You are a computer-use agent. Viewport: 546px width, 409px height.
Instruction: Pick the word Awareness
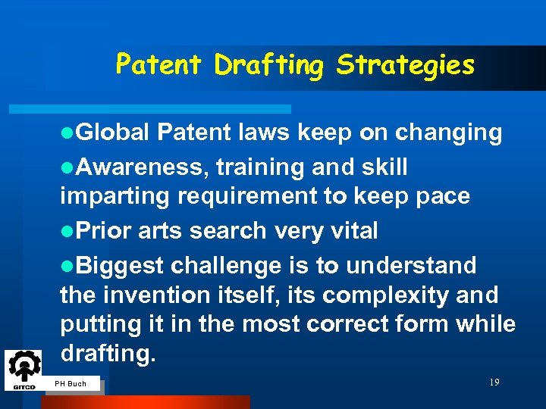(143, 167)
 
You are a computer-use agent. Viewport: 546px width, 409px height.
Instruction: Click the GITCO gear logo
(24, 370)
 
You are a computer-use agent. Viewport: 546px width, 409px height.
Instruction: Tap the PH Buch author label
(71, 384)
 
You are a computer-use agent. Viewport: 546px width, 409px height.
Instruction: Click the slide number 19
(494, 382)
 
